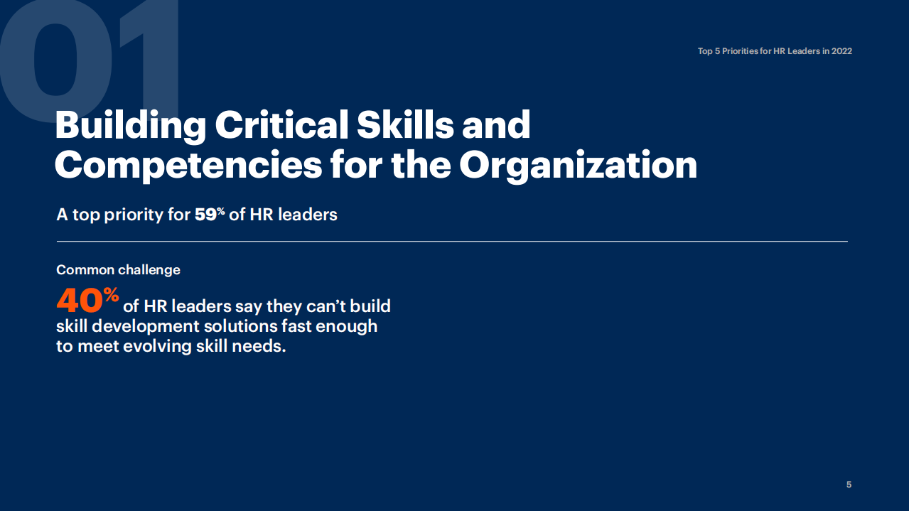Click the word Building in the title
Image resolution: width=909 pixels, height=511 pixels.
pos(129,126)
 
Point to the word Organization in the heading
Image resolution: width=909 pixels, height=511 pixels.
pos(578,165)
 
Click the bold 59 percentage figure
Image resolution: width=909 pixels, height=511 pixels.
pos(206,214)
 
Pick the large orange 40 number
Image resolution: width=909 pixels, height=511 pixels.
pos(80,301)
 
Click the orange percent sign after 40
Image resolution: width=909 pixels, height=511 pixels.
pos(112,295)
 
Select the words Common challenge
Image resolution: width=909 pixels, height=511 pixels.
pos(118,270)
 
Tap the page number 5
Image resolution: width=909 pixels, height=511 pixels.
pos(849,485)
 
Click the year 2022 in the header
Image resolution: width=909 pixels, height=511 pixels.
pos(841,51)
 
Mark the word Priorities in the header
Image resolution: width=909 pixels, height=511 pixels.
pos(741,51)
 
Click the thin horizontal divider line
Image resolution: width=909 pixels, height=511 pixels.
pos(452,242)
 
